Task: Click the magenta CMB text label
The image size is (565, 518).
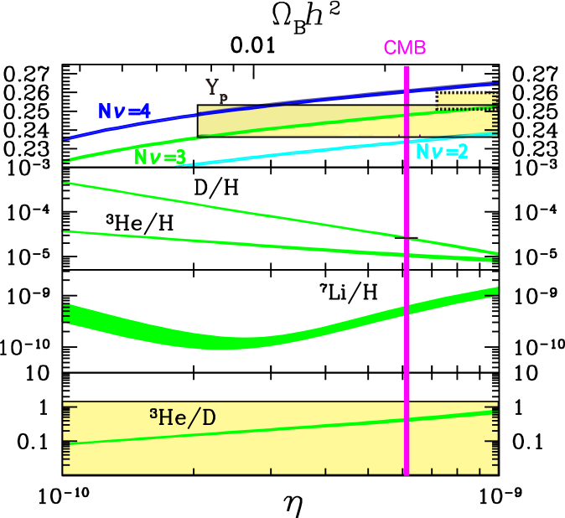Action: pyautogui.click(x=405, y=48)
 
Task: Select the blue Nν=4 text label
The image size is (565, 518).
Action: pyautogui.click(x=123, y=111)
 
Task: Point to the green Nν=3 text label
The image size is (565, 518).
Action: pyautogui.click(x=160, y=157)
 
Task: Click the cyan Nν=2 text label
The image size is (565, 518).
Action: pyautogui.click(x=442, y=152)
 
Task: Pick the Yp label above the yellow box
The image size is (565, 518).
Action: pyautogui.click(x=216, y=88)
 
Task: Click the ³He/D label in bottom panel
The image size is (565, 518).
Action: pyautogui.click(x=182, y=417)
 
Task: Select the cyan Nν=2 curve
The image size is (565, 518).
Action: pyautogui.click(x=293, y=152)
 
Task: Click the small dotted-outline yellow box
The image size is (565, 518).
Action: pyautogui.click(x=466, y=100)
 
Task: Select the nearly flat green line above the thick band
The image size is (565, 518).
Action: pyautogui.click(x=251, y=243)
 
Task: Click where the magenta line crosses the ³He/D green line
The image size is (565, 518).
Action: pyautogui.click(x=407, y=419)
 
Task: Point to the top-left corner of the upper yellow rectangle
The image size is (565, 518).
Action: pyautogui.click(x=199, y=106)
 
